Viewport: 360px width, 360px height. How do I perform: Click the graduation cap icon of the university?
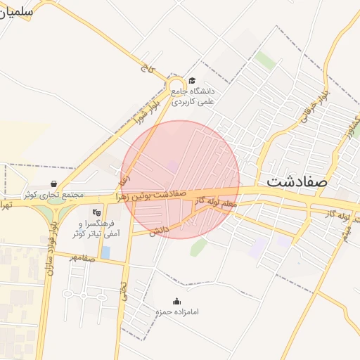coord(193,81)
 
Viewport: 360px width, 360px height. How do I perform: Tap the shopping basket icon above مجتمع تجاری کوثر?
coord(54,184)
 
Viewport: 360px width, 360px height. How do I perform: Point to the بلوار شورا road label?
coord(147,112)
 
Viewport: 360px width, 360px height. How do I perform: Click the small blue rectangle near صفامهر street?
coord(105,252)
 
